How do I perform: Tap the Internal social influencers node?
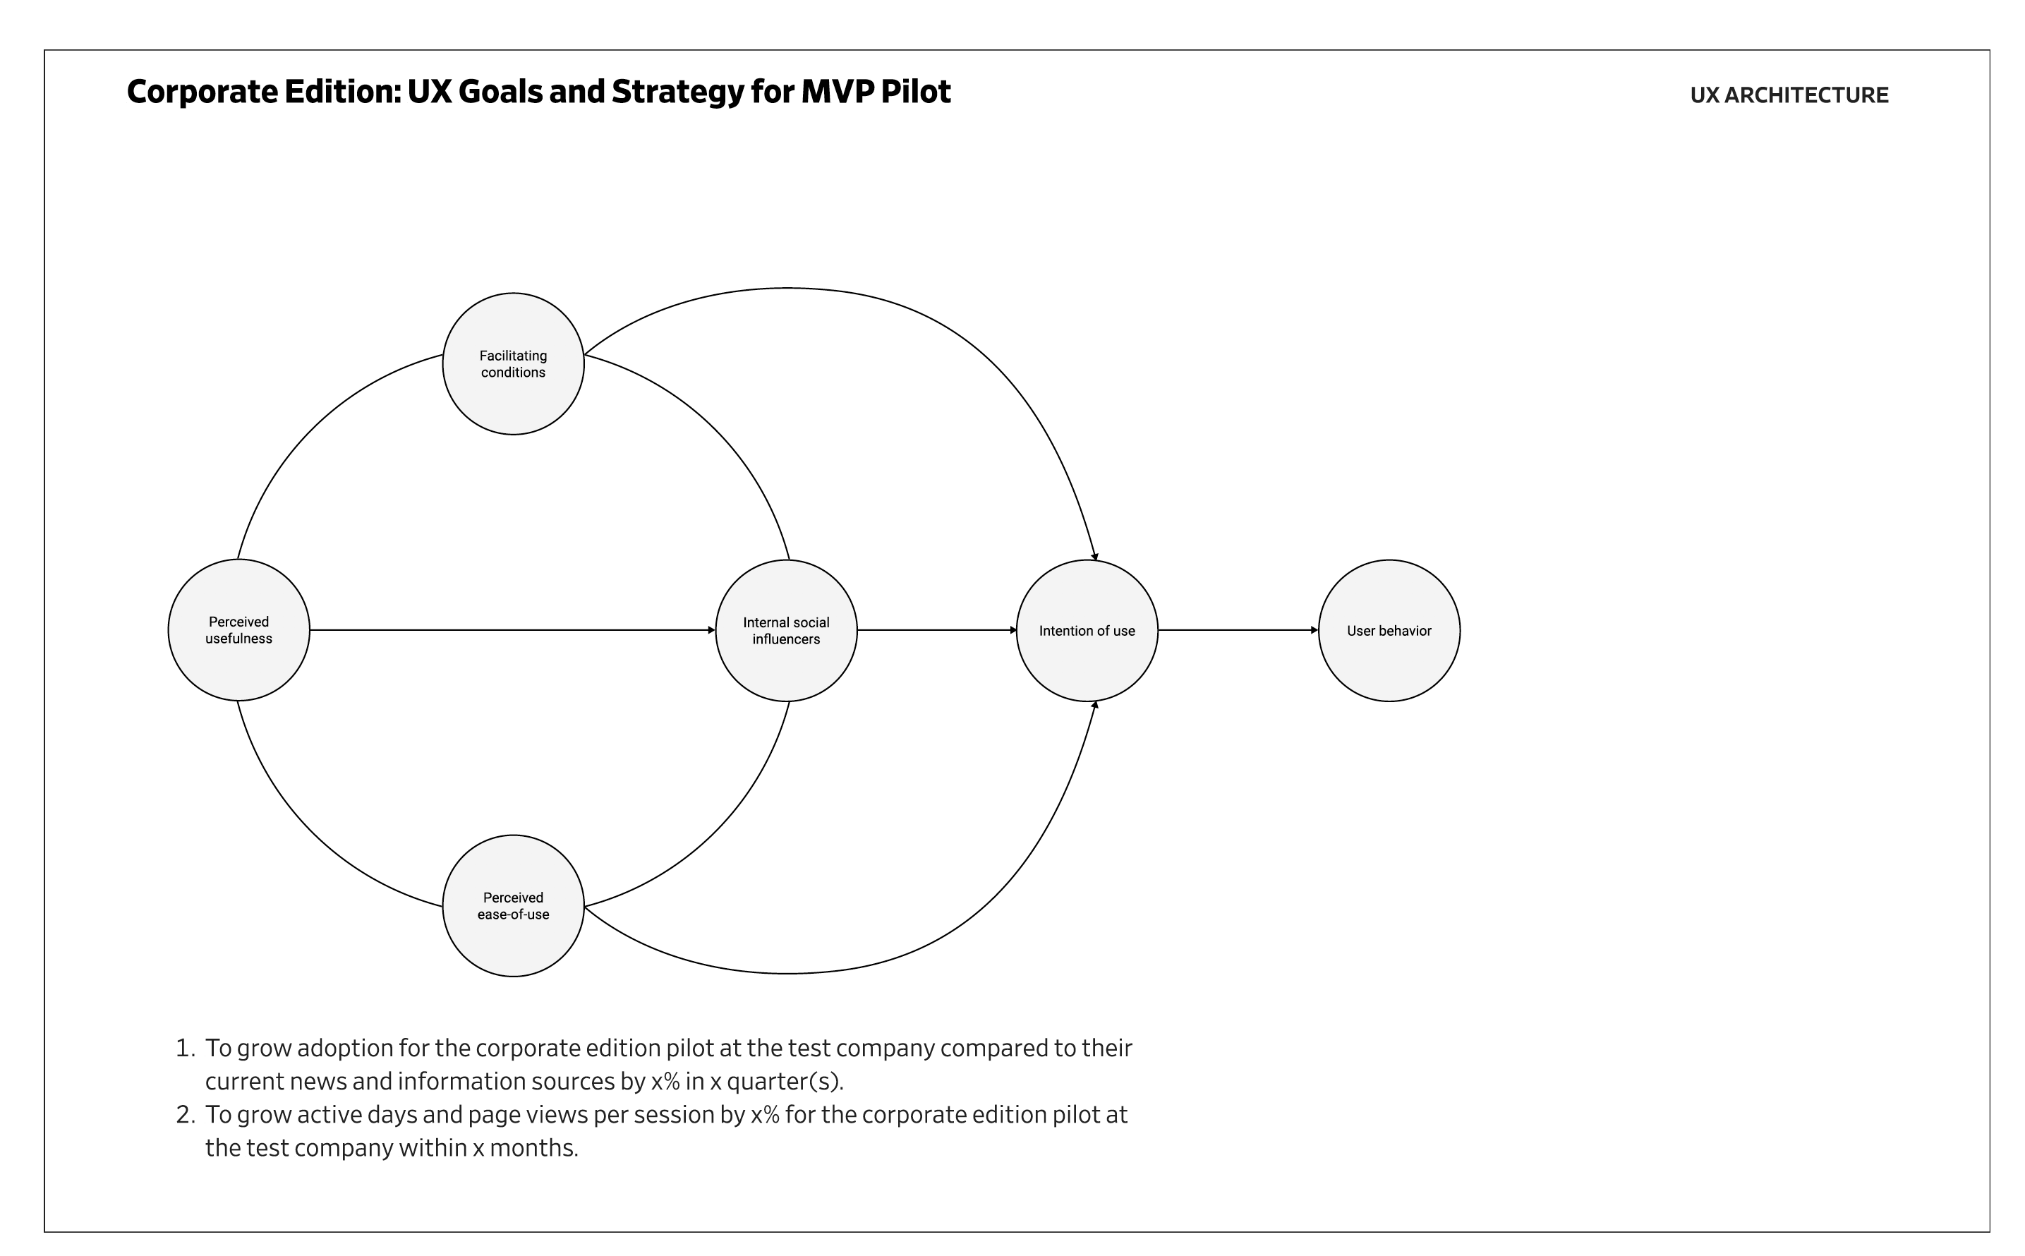tap(786, 631)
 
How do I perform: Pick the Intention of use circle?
tap(1087, 631)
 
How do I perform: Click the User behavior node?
tap(1388, 631)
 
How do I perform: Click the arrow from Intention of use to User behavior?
tap(1238, 631)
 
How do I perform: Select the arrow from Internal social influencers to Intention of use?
tap(936, 631)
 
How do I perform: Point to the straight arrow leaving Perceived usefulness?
tap(512, 631)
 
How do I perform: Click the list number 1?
tap(183, 1049)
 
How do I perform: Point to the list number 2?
tap(183, 1115)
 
